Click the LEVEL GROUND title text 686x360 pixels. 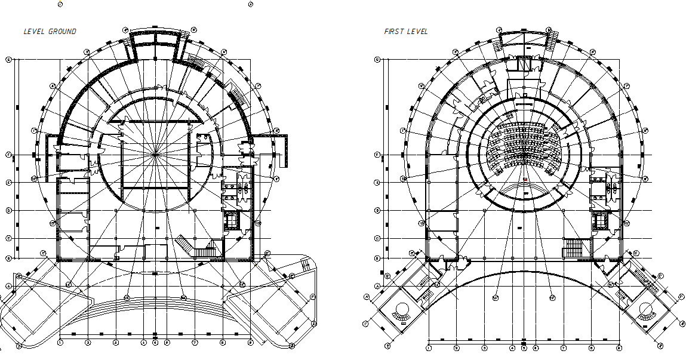(x=50, y=31)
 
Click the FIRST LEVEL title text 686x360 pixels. (x=406, y=32)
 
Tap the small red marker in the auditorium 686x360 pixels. (x=525, y=179)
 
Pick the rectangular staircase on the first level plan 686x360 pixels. (x=573, y=248)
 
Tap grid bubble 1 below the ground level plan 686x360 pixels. (x=60, y=343)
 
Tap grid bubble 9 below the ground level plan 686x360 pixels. (x=250, y=343)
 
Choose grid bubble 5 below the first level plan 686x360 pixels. (x=524, y=347)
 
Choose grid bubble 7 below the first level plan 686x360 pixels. (x=563, y=347)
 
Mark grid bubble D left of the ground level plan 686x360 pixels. (x=8, y=210)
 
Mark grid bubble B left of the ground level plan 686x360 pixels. (x=8, y=258)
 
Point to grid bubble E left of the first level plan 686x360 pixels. (x=377, y=182)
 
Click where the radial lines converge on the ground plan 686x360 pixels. (x=155, y=154)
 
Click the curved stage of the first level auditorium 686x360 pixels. (x=524, y=190)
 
